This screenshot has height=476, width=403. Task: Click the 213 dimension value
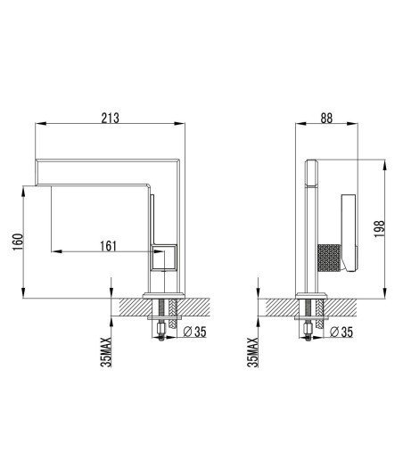(x=111, y=118)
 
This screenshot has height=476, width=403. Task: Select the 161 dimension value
(x=109, y=246)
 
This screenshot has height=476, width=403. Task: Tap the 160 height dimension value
(x=18, y=242)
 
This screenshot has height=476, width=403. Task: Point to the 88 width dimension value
(x=326, y=118)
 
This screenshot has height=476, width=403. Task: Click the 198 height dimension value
(x=379, y=229)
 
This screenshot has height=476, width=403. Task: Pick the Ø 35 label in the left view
(x=194, y=332)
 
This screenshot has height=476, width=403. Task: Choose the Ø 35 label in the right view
(x=341, y=332)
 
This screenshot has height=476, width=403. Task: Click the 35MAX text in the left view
(x=106, y=352)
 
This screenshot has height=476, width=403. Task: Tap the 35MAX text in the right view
(x=252, y=352)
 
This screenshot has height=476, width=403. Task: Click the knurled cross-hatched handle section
(x=330, y=258)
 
